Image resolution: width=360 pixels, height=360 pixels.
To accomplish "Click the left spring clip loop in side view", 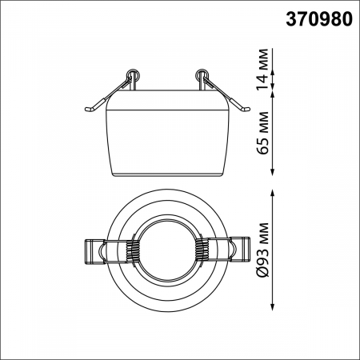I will (x=133, y=76).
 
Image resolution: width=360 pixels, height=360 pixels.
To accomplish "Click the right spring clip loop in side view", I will (x=200, y=76).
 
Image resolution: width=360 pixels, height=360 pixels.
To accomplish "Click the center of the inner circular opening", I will (x=166, y=250).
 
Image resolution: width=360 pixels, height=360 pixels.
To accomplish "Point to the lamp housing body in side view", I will (x=166, y=132).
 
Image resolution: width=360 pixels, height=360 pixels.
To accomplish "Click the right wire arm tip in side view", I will (x=249, y=108).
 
